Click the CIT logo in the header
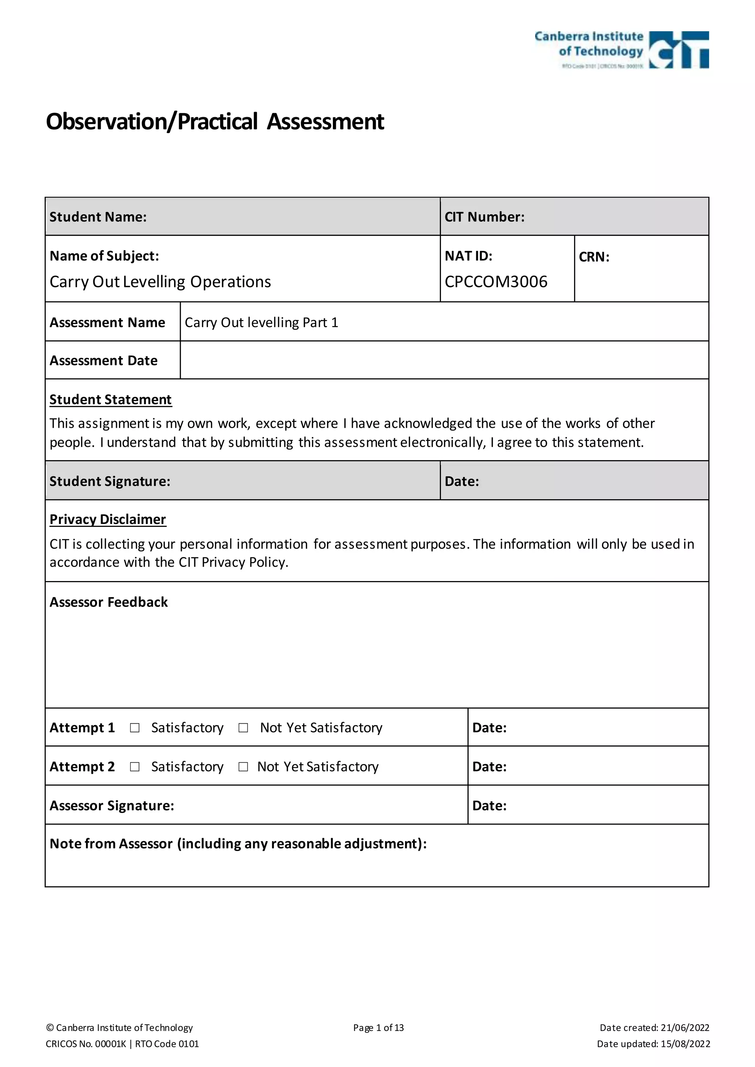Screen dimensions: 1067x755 (678, 50)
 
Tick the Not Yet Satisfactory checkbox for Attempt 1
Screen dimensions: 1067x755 (243, 728)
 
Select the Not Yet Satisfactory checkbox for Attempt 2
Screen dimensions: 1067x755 (243, 767)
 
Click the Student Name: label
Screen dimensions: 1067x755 (98, 217)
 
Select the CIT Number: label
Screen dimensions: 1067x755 (484, 217)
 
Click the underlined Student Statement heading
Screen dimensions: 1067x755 (111, 400)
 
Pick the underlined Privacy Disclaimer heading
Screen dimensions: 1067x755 (108, 519)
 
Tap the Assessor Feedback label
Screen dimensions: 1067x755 (109, 602)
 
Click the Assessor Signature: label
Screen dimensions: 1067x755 (112, 805)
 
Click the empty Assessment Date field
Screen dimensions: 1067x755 (444, 360)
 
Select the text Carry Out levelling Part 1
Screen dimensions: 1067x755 (261, 322)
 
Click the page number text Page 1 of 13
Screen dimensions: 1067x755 (379, 1028)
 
